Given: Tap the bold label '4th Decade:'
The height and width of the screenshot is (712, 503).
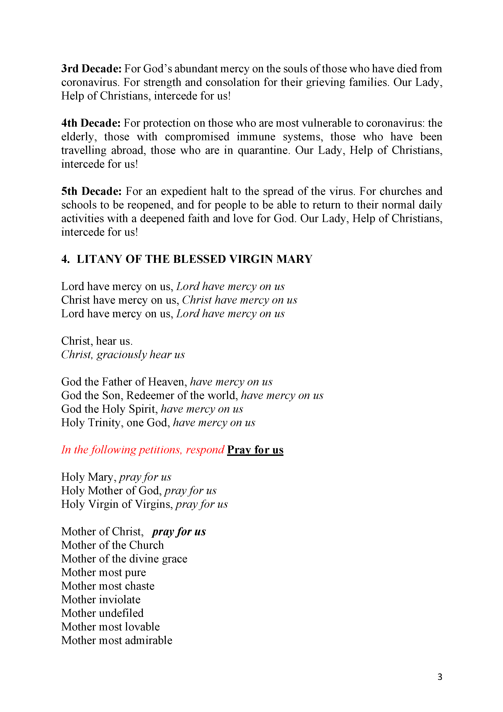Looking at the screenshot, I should click(91, 123).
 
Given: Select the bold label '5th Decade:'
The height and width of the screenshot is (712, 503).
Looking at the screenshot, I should click(92, 191).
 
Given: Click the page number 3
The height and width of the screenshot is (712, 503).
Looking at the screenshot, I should click(440, 677).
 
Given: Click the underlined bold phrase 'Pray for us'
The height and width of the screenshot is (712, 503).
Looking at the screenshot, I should click(255, 450).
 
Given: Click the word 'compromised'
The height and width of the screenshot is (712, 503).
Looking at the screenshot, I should click(197, 137).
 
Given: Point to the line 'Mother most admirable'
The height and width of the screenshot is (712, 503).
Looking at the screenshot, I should click(116, 640).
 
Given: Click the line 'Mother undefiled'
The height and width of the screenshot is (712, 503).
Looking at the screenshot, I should click(102, 613).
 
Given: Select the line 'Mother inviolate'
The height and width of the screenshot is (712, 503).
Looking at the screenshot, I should click(101, 599).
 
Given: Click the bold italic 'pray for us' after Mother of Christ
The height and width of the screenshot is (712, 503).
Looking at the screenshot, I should click(179, 532).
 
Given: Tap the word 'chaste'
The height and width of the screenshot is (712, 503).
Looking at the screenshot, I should click(140, 586).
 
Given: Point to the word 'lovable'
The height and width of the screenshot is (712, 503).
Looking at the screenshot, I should click(142, 627).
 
